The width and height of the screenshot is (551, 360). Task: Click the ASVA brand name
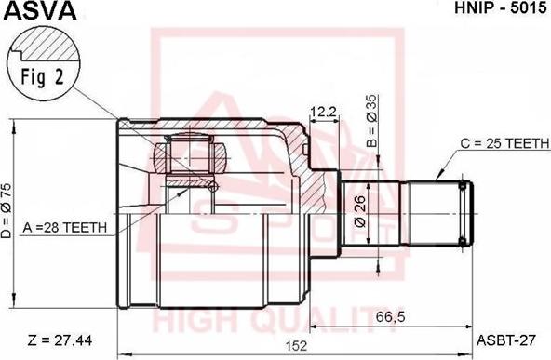39,10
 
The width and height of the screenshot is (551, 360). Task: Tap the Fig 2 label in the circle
43,77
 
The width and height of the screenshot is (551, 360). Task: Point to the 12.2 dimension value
323,112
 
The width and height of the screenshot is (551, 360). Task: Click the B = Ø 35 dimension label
371,121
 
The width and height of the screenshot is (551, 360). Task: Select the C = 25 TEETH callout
504,143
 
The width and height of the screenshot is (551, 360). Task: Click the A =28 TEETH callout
64,228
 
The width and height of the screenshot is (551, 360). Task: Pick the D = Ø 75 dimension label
7,211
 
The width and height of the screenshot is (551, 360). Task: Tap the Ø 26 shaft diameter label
360,212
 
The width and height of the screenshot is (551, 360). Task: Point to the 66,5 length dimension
391,317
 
